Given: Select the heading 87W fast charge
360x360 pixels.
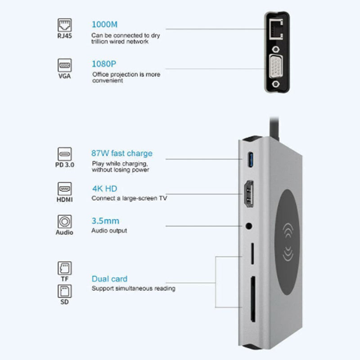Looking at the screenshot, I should pyautogui.click(x=122, y=153).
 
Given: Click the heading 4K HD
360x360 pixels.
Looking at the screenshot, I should pyautogui.click(x=104, y=189).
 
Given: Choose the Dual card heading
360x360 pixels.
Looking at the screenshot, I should pyautogui.click(x=109, y=279).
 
